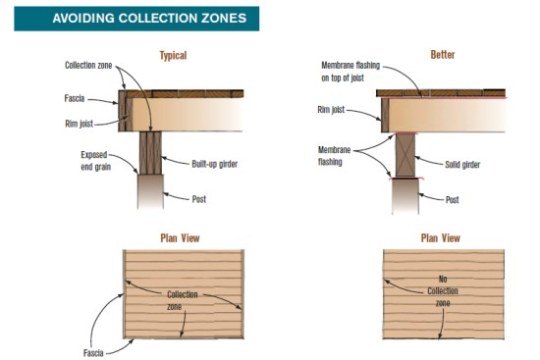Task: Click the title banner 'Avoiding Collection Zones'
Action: point(136,19)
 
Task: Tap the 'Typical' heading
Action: point(173,55)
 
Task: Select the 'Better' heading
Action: point(443,54)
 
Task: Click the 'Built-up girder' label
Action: point(215,164)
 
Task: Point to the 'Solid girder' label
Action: point(462,165)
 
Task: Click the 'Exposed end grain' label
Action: point(96,161)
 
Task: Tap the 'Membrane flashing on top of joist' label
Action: point(351,72)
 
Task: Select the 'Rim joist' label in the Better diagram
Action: point(331,110)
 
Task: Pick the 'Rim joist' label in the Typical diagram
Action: point(79,124)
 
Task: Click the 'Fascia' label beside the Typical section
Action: point(75,98)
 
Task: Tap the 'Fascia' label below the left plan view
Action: point(93,353)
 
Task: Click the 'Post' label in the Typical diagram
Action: point(198,199)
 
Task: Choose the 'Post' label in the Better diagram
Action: point(452,199)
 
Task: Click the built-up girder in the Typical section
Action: point(150,153)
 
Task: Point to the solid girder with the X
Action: point(405,155)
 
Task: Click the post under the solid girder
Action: point(405,196)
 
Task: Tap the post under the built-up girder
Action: point(150,191)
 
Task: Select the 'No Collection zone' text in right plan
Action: point(443,290)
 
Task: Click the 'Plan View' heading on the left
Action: point(180,237)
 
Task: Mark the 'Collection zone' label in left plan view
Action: point(183,300)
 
